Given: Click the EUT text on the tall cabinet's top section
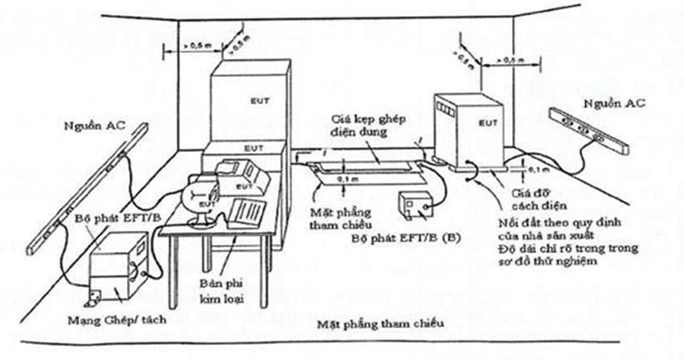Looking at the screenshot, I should coord(261,100).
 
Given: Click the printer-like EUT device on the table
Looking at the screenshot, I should coord(241,177).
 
